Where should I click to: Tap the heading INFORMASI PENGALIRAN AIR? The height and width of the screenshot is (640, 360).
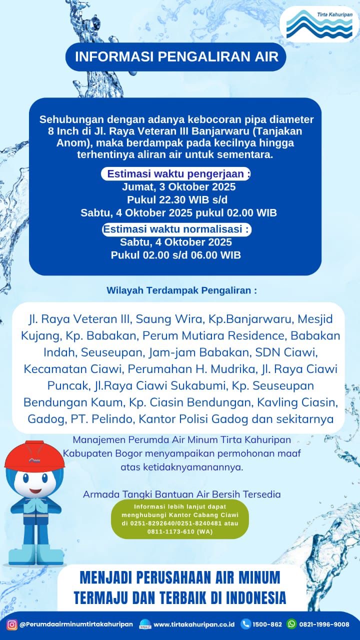(176, 56)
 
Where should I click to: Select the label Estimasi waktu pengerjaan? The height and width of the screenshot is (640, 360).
(176, 174)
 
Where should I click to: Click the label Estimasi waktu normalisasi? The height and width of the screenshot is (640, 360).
(176, 229)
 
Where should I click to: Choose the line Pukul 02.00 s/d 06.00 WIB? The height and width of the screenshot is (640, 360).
(176, 255)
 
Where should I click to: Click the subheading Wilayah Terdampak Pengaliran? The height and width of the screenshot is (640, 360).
(182, 290)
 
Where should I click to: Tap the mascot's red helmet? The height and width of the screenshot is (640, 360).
(29, 456)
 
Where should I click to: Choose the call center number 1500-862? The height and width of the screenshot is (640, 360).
(268, 624)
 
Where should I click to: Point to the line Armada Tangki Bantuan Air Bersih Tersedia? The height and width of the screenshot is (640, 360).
(181, 494)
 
